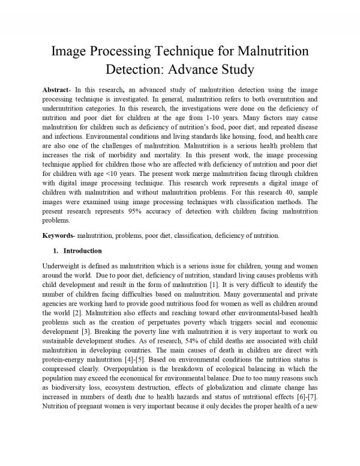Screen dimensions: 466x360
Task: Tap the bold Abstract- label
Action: click(59, 89)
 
